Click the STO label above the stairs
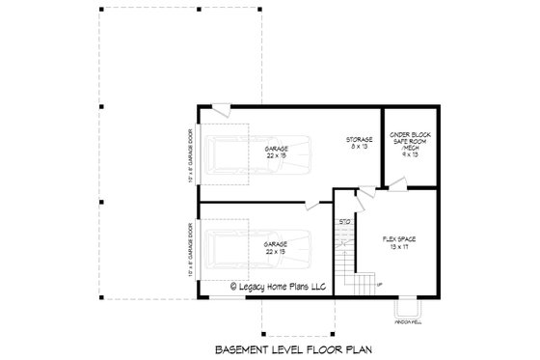(x=344, y=223)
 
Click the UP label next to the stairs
(x=378, y=284)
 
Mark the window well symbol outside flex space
(x=409, y=309)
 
